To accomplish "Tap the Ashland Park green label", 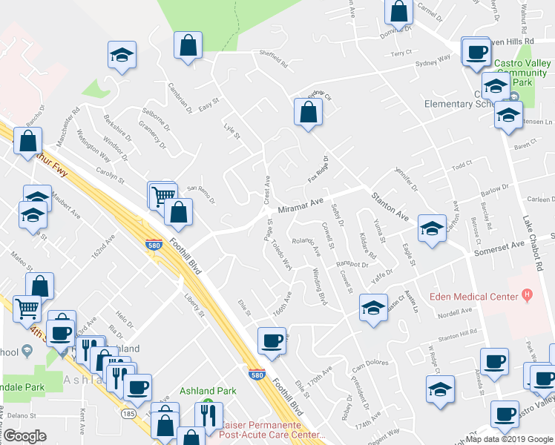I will coord(208,391).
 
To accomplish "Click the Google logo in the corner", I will coord(25,435).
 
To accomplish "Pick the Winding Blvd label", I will coord(320,286).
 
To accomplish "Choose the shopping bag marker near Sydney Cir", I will coord(308,113).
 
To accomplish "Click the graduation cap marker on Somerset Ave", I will coord(431,228).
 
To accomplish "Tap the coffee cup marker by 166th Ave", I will coord(271,341).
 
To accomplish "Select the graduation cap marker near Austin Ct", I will coord(373,308).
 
